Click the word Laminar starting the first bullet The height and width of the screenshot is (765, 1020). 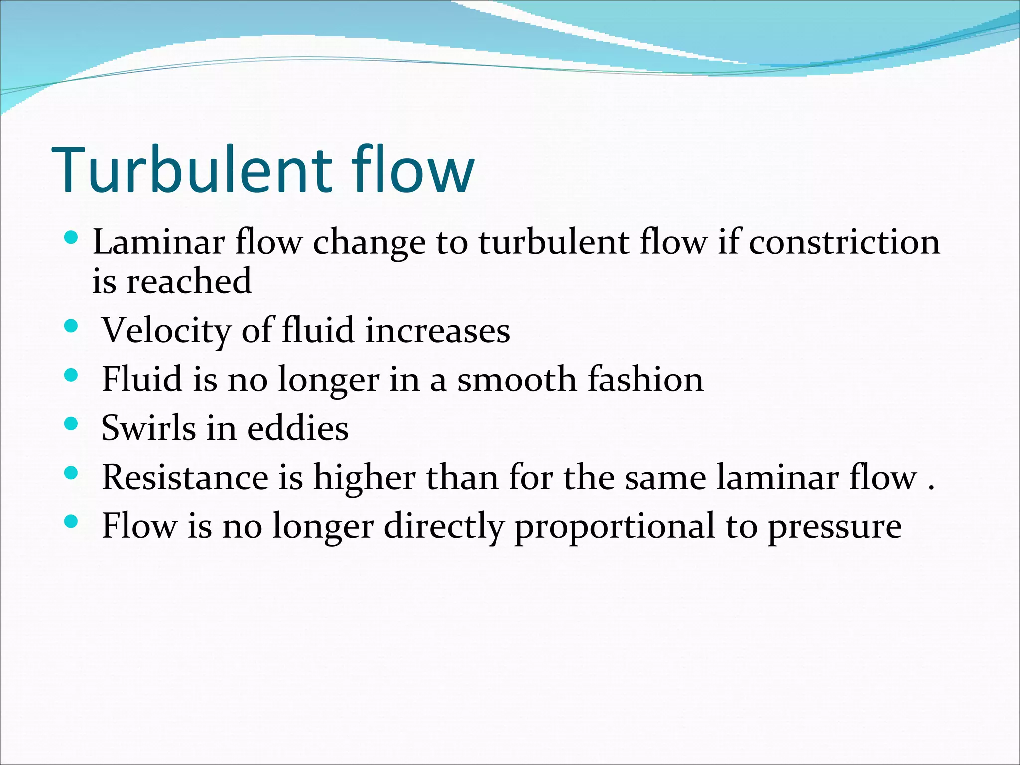click(x=158, y=242)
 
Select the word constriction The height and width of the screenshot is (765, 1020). click(x=844, y=242)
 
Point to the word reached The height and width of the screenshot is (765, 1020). click(x=189, y=281)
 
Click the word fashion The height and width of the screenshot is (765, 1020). click(x=645, y=379)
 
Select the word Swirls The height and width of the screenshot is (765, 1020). click(x=148, y=428)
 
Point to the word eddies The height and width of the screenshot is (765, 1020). click(x=297, y=428)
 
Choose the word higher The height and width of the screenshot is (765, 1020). click(x=365, y=477)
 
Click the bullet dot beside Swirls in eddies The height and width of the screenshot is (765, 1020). click(x=72, y=424)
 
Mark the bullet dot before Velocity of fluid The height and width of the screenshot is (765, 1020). click(x=72, y=326)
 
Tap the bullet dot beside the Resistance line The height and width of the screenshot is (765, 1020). click(x=72, y=473)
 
